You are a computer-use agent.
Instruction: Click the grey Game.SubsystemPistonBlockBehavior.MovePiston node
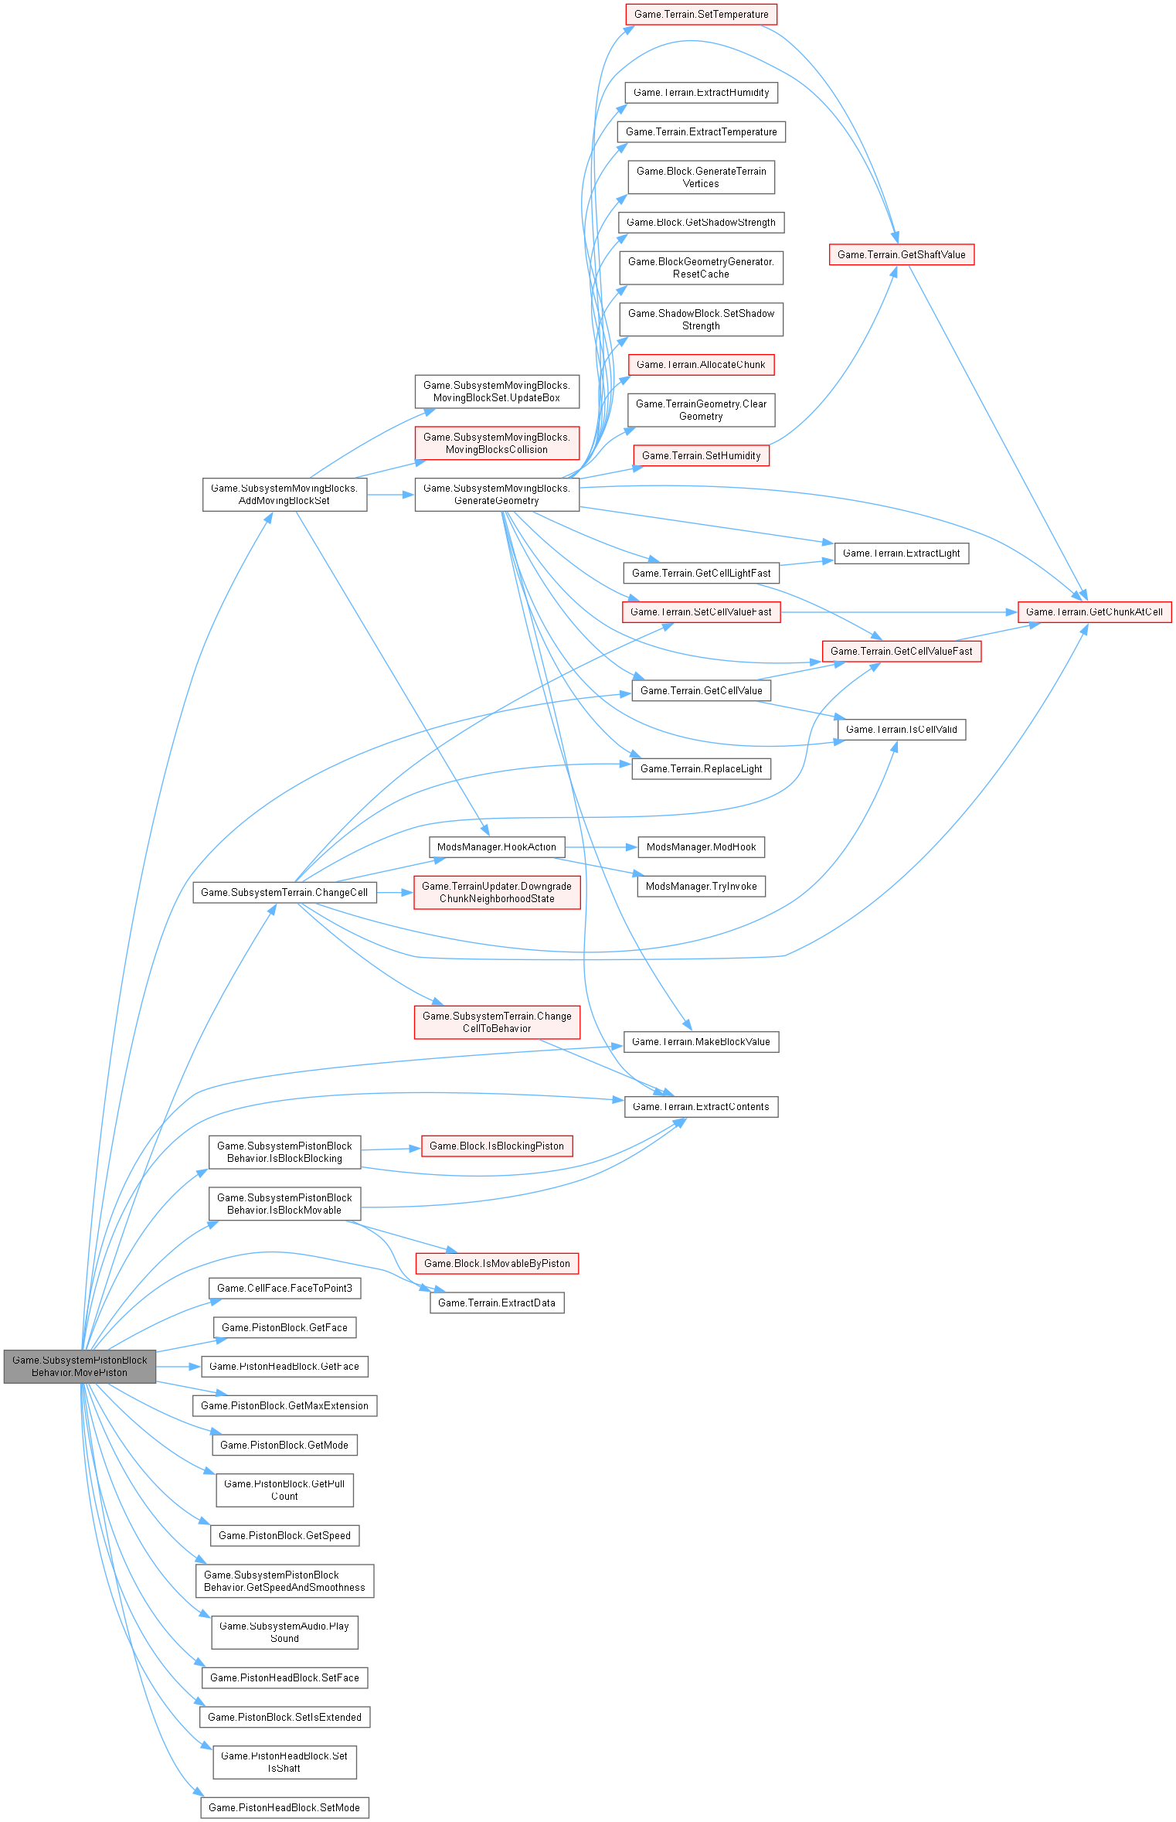click(80, 1366)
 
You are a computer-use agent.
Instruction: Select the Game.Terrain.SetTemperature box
click(701, 15)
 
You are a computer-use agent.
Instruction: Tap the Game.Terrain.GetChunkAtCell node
click(1094, 611)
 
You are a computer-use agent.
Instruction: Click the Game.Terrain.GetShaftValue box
click(901, 254)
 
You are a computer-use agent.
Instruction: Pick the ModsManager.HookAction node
click(497, 846)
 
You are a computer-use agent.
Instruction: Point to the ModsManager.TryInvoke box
click(701, 886)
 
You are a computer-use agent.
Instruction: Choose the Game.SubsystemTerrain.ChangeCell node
click(284, 892)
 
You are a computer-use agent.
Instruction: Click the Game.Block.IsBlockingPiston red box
click(497, 1146)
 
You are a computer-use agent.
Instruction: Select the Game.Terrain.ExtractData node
click(497, 1303)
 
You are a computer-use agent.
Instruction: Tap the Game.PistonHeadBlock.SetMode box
click(284, 1807)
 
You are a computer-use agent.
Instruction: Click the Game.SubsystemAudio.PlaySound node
click(284, 1632)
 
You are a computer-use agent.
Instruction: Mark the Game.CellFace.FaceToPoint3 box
click(284, 1288)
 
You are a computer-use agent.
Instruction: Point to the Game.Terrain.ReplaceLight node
click(701, 768)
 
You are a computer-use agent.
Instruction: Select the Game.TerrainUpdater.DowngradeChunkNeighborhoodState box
click(497, 892)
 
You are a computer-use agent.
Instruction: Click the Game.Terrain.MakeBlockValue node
click(701, 1041)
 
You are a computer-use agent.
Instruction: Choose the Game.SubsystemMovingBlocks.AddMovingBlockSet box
click(284, 494)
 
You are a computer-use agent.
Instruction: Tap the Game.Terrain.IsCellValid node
click(901, 729)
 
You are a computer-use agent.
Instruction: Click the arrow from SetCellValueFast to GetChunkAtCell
click(896, 612)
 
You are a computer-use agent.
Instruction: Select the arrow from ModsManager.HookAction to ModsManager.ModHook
click(601, 847)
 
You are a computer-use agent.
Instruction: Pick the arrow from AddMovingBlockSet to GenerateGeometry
click(390, 495)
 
